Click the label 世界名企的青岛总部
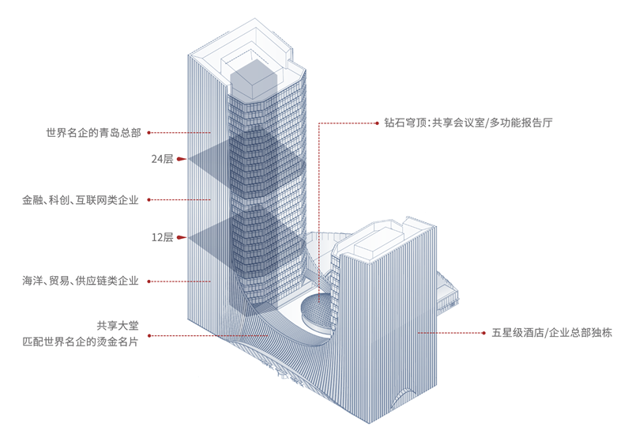(x=93, y=133)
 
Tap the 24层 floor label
(x=162, y=159)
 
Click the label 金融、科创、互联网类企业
(x=81, y=201)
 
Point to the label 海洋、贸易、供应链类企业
(x=81, y=281)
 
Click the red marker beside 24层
(x=181, y=159)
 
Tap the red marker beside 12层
(x=181, y=237)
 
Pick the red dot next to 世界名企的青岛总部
(x=149, y=133)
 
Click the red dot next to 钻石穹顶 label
(x=377, y=123)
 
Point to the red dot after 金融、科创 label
(x=149, y=201)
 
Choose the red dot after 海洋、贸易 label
(x=149, y=281)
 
